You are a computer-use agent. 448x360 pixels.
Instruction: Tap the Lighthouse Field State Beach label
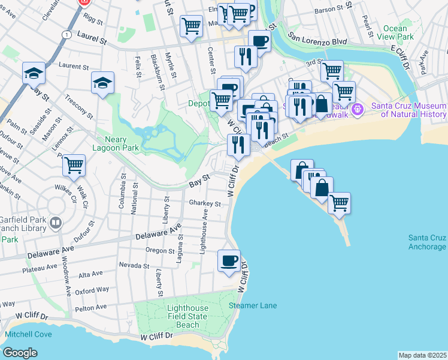187,316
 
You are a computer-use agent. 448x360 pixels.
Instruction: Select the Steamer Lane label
253,305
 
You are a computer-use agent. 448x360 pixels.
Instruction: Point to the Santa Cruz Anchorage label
427,242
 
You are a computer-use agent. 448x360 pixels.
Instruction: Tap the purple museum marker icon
358,109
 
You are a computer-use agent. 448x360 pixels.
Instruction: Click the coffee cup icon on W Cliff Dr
229,261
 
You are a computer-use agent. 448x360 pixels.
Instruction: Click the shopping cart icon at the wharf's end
339,203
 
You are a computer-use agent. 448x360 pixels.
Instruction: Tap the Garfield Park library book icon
56,224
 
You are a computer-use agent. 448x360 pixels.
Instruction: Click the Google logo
20,353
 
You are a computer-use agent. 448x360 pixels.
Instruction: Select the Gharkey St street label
205,203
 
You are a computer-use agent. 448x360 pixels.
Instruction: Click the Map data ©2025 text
422,355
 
